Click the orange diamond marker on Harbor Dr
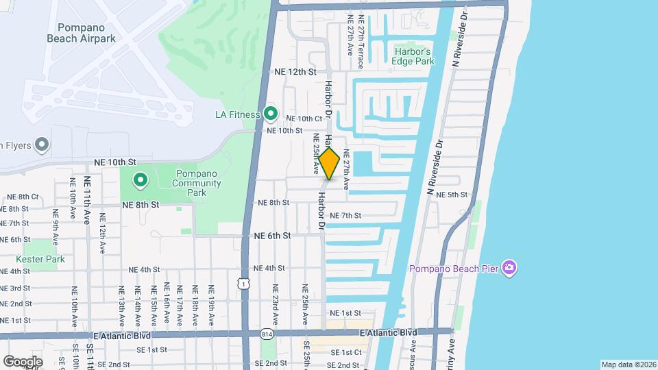(x=330, y=164)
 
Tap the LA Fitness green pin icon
(x=271, y=114)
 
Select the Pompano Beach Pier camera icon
(x=509, y=267)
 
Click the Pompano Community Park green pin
(x=141, y=180)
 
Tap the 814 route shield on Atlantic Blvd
(x=266, y=334)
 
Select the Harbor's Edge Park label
(x=413, y=56)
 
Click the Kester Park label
(x=41, y=259)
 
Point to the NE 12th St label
(x=295, y=72)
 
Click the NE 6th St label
(x=272, y=235)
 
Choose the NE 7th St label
(x=345, y=216)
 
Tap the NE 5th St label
(x=452, y=195)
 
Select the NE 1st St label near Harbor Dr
(x=345, y=313)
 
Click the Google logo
(x=22, y=361)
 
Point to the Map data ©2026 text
(x=629, y=365)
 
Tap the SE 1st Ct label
(x=345, y=352)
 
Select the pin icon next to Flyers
(x=42, y=145)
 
